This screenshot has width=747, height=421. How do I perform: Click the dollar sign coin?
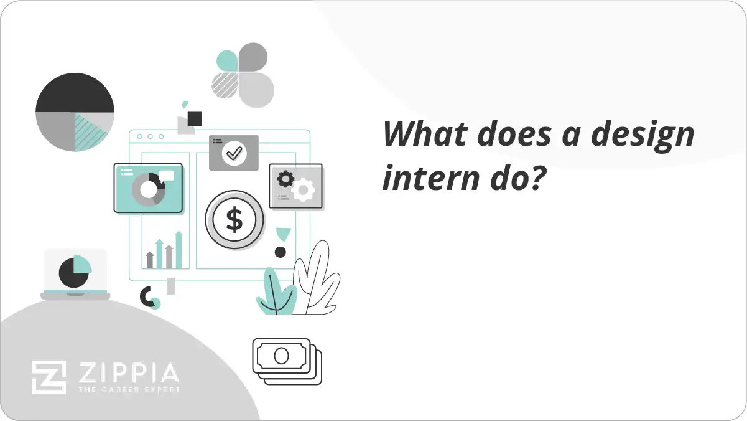click(234, 220)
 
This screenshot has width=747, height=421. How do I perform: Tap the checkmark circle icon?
click(234, 152)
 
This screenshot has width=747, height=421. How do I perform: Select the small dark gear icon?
click(285, 179)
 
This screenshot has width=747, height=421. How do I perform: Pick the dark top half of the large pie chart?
click(75, 93)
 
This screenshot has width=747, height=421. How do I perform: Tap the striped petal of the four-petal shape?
click(226, 86)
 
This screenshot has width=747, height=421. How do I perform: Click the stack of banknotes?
click(287, 361)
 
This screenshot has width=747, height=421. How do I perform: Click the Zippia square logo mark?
click(49, 377)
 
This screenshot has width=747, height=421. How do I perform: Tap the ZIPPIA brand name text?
click(127, 374)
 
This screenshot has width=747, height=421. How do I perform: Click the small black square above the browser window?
click(195, 118)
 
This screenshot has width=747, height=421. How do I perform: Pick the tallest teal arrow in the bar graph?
click(179, 250)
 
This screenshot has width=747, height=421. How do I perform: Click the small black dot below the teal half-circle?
click(281, 252)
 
